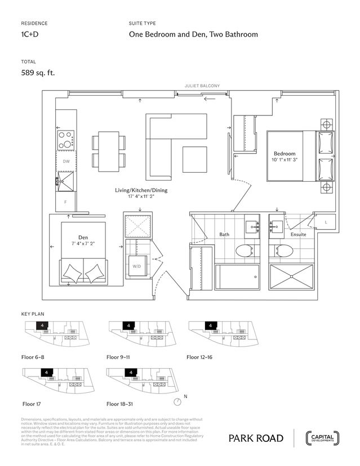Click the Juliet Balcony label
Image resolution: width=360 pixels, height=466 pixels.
202,86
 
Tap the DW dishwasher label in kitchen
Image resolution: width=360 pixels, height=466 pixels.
66,162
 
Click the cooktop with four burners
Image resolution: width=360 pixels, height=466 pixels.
66,139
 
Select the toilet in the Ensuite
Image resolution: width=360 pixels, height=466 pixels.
280,251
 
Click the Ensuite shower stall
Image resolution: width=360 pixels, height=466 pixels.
291,276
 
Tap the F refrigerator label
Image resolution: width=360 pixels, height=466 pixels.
65,201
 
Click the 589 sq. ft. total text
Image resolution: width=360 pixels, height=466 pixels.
38,72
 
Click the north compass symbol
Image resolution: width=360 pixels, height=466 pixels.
178,401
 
